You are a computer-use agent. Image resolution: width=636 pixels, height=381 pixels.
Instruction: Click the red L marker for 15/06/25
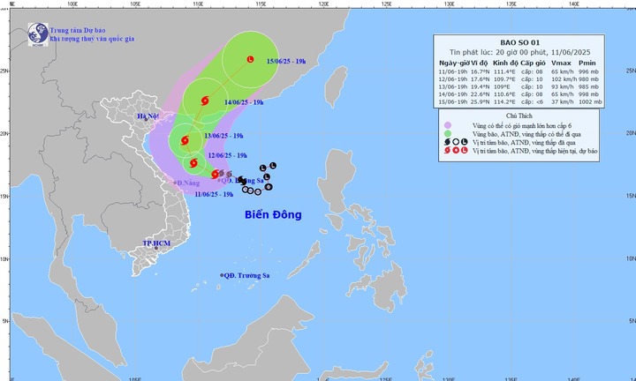coord(251,60)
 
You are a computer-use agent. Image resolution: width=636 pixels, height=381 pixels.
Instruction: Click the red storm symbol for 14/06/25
coord(206,102)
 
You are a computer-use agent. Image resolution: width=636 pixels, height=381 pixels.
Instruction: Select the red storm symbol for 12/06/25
coord(193,162)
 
